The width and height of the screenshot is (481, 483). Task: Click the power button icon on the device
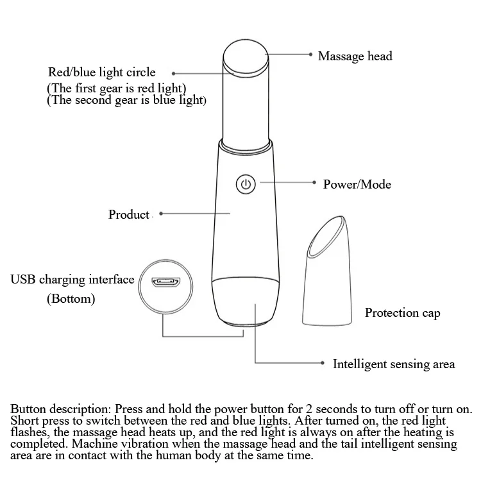click(246, 184)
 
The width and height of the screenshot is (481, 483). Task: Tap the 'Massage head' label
click(355, 56)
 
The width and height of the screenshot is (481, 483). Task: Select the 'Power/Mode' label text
click(357, 185)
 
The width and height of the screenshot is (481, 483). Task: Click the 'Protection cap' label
click(402, 313)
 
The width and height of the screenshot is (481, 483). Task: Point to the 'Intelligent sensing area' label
click(393, 364)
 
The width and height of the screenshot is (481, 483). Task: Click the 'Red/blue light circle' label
click(102, 72)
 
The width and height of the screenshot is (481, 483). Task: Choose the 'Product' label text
click(129, 214)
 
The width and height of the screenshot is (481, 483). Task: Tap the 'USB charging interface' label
click(72, 280)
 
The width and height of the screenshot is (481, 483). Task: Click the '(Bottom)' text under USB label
click(71, 299)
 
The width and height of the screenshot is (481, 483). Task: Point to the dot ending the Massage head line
click(311, 56)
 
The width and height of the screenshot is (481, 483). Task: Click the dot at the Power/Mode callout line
click(314, 183)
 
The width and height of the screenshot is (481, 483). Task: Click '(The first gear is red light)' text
click(117, 88)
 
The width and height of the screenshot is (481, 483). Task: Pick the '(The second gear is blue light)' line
click(126, 101)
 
